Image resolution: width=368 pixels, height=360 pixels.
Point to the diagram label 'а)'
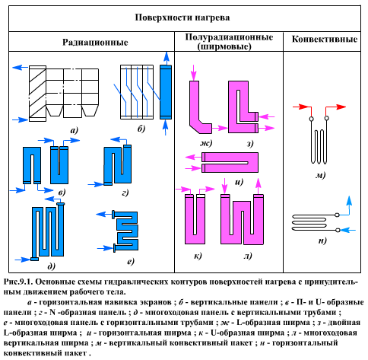(x=75, y=130)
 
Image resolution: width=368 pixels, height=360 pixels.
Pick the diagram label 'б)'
(x=141, y=130)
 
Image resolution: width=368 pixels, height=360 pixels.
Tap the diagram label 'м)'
(x=322, y=176)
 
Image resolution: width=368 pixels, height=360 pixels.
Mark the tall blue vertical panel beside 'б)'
(x=165, y=91)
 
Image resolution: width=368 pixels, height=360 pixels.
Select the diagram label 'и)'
(x=238, y=182)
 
